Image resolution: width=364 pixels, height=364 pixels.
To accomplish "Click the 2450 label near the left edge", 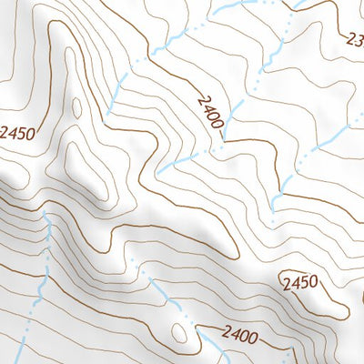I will (x=17, y=134).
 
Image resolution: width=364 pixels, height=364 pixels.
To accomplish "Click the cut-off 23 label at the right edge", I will (x=355, y=39).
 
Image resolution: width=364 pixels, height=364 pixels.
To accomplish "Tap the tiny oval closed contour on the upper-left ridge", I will (x=76, y=107).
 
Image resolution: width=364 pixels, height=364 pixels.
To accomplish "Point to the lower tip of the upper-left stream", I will (x=108, y=114).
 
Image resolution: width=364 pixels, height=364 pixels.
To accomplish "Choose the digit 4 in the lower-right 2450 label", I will (x=292, y=283).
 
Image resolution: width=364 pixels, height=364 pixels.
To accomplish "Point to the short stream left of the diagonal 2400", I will (x=177, y=162).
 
